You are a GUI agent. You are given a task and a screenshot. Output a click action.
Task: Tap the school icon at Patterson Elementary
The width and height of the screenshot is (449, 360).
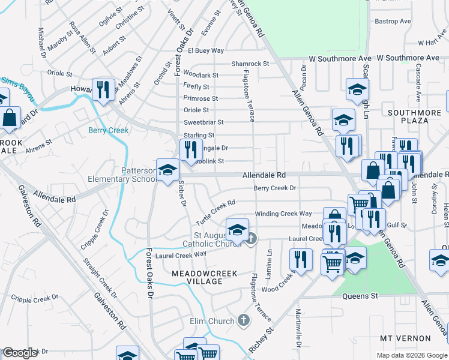tap(167, 169)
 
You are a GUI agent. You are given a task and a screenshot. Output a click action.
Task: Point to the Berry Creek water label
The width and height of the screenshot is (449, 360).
tap(109, 130)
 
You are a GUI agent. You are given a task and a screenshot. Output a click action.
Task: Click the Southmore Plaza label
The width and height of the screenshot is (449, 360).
tap(417, 116)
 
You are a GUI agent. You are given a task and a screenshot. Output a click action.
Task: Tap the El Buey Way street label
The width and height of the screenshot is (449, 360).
tap(205, 50)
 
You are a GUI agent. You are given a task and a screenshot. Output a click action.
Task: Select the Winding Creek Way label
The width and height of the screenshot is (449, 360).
tap(283, 214)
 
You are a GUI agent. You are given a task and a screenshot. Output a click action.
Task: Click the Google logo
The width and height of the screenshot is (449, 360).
tap(19, 353)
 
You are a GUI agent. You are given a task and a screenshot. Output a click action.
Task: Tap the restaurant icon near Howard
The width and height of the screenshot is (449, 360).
tap(103, 89)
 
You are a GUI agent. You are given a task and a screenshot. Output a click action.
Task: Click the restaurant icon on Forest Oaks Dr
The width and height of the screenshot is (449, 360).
tap(191, 149)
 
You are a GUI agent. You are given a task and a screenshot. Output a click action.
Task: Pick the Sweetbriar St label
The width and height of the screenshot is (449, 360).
tap(203, 122)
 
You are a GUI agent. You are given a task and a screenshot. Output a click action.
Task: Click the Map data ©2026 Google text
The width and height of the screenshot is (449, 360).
tap(412, 355)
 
